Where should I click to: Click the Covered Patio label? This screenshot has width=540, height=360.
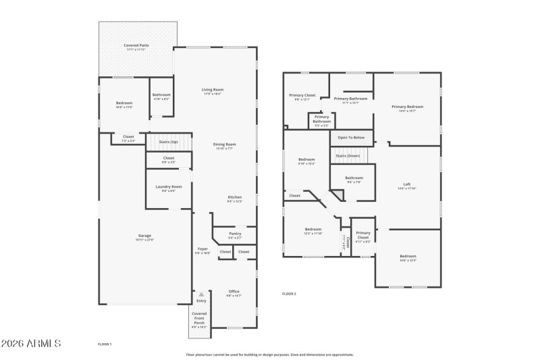click(x=136, y=46)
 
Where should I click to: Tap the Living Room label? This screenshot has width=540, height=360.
click(x=213, y=90)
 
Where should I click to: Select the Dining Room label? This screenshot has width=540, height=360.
click(x=224, y=144)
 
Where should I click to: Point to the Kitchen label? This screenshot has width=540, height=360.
click(x=234, y=197)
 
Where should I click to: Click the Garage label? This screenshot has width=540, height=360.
click(x=144, y=236)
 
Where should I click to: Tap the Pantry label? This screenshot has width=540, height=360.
click(x=235, y=234)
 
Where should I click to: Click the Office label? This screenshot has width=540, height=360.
click(x=232, y=292)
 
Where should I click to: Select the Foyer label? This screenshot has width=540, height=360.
click(x=202, y=249)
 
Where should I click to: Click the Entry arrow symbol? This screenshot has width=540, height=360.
click(x=201, y=294)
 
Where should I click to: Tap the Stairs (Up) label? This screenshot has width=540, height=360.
click(x=168, y=142)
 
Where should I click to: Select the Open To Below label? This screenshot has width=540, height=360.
click(x=351, y=138)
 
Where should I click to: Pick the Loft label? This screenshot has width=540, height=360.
click(x=407, y=184)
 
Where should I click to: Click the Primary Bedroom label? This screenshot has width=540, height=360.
click(x=407, y=107)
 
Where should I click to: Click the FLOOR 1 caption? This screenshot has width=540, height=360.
click(x=105, y=344)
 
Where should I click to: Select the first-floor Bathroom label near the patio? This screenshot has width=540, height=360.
click(x=161, y=95)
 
